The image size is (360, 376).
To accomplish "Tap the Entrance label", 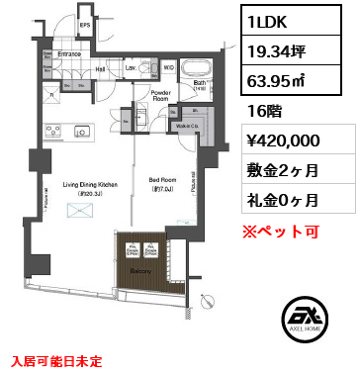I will pyautogui.click(x=69, y=53).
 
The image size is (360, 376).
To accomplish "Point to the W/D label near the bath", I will pyautogui.click(x=169, y=66).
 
